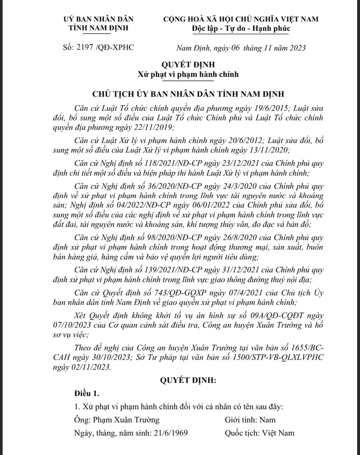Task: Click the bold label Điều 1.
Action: click(86, 391)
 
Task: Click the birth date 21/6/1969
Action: click(169, 433)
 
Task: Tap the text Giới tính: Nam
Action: click(250, 419)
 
